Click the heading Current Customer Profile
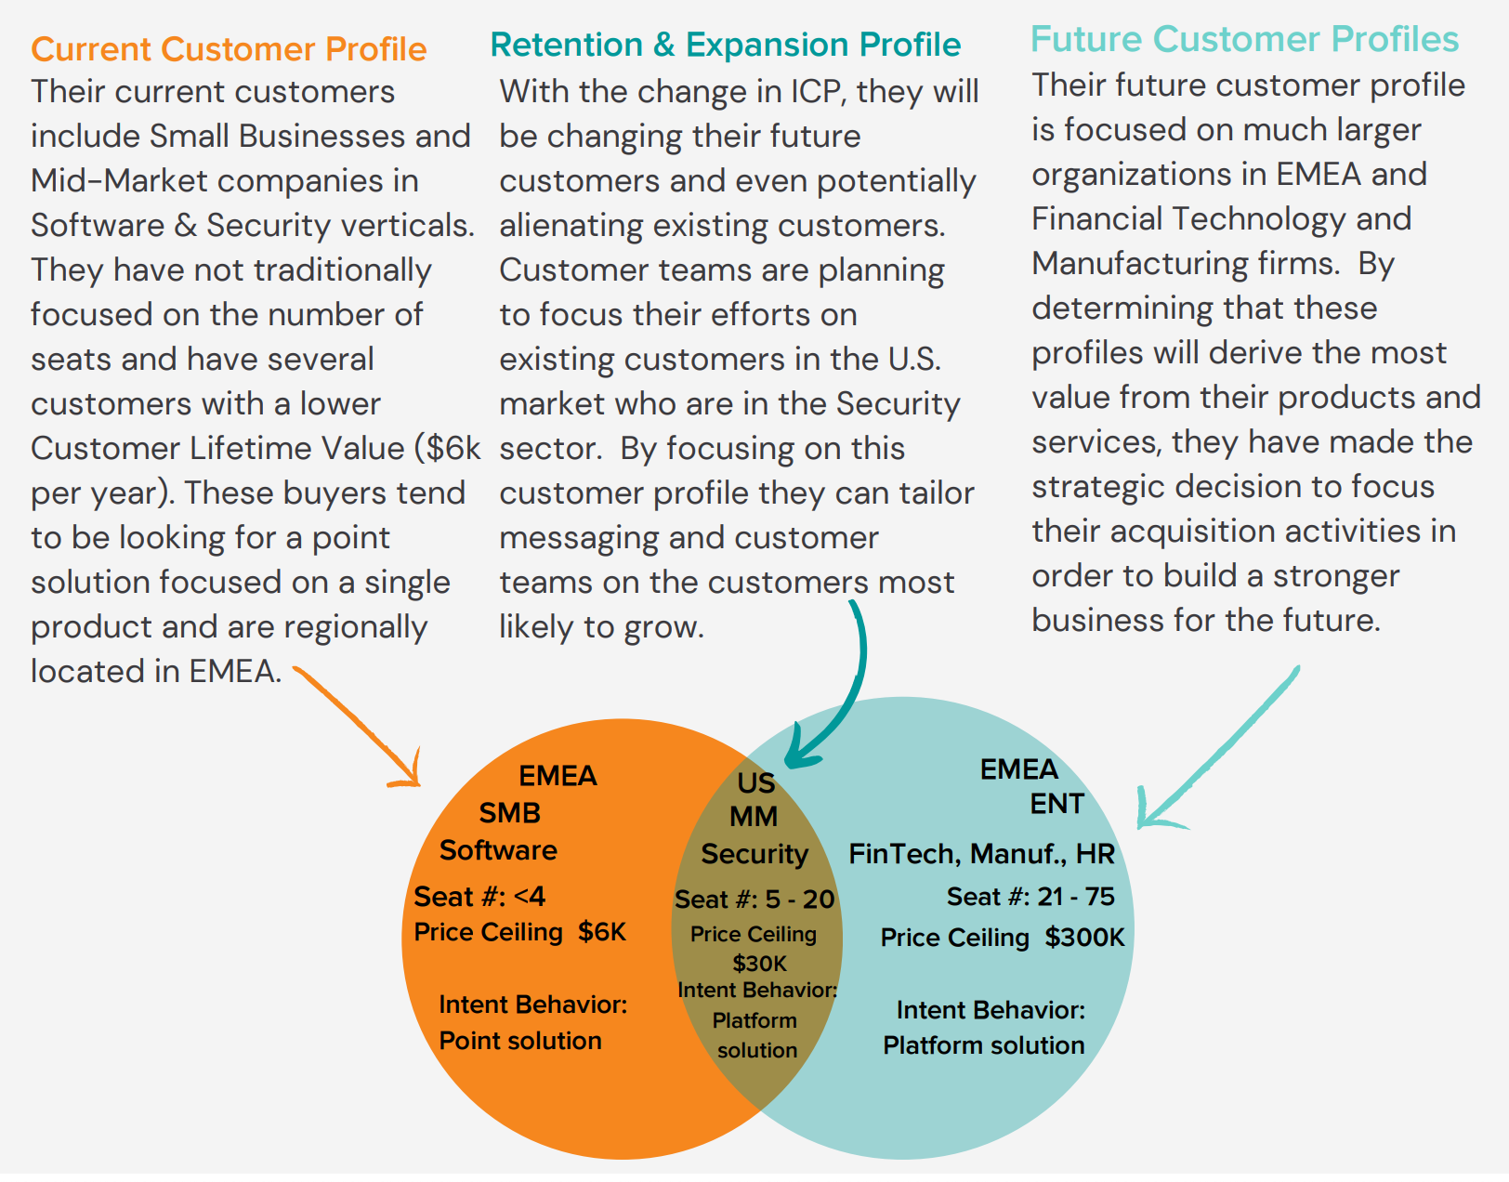click(229, 48)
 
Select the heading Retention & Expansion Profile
click(725, 44)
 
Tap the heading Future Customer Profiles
click(1244, 39)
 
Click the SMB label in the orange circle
click(509, 813)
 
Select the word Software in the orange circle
click(498, 850)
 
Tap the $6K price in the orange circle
click(602, 932)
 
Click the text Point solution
click(519, 1041)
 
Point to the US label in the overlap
click(755, 782)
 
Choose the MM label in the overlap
click(753, 817)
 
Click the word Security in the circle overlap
click(754, 854)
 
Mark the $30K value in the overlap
click(759, 964)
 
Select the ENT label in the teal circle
click(1056, 804)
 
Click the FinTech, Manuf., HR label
click(981, 854)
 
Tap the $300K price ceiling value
click(1084, 938)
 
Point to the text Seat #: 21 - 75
click(1030, 897)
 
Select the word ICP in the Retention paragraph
click(816, 92)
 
